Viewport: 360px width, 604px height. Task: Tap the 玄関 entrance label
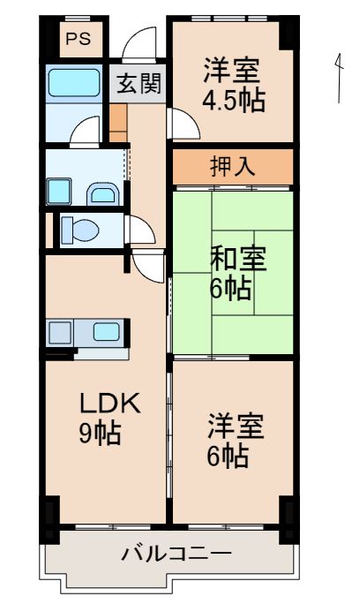[x=138, y=85]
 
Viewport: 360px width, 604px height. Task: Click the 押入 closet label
[x=233, y=166]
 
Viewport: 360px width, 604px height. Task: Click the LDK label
[x=109, y=404]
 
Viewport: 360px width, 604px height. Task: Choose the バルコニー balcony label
[x=176, y=555]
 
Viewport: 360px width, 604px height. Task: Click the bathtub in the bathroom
[x=74, y=83]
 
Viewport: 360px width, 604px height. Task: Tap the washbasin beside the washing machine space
[x=102, y=192]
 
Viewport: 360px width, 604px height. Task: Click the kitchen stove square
[x=61, y=334]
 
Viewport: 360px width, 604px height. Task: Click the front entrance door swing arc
[x=139, y=44]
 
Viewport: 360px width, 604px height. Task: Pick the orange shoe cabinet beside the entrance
[x=117, y=123]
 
